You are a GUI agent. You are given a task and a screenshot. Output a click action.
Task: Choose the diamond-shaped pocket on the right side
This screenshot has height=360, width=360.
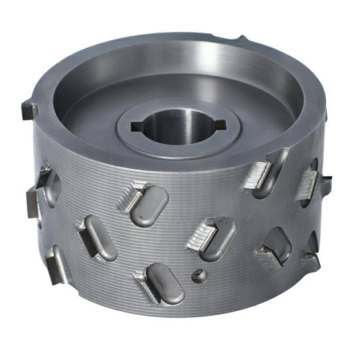click(277, 243)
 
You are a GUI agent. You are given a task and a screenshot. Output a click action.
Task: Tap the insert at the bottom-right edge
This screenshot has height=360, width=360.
click(311, 260)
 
